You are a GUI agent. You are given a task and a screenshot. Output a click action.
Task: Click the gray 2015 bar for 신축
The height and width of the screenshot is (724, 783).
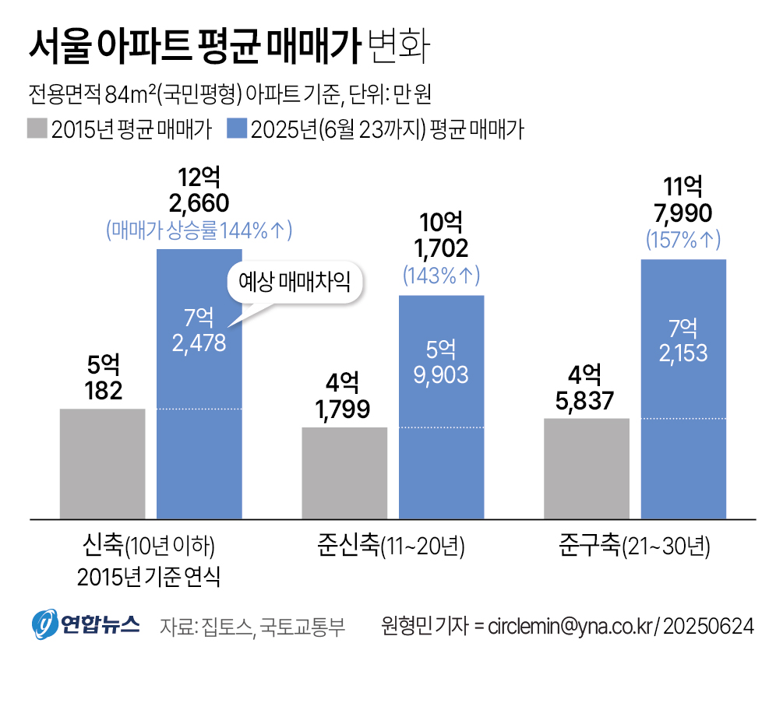102,463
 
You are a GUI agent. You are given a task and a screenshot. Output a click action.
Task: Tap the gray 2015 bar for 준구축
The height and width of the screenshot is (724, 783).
586,468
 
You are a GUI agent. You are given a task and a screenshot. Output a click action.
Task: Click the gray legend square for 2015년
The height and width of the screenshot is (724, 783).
37,128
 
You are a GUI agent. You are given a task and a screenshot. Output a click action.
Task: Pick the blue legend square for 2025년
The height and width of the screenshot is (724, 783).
236,128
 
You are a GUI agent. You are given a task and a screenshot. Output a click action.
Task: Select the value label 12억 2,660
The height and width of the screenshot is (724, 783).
199,191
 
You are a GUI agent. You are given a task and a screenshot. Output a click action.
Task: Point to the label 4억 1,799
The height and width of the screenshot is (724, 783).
344,395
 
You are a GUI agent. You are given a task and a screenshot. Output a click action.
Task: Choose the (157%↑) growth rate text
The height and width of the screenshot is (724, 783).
683,240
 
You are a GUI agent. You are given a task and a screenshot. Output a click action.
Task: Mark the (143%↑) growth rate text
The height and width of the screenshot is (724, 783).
441,276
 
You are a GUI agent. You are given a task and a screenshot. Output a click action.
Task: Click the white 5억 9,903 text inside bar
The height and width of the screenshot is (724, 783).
441,362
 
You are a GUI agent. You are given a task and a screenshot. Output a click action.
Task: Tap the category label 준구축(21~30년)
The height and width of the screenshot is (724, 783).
633,545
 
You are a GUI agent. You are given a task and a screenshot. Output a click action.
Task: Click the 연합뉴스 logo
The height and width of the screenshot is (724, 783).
86,624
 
